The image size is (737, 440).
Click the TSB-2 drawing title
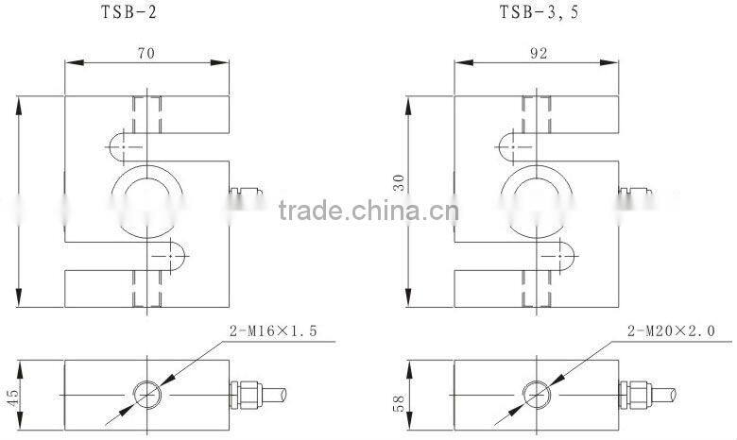[129, 11]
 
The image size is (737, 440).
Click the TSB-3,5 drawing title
[539, 11]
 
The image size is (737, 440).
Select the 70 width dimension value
[146, 53]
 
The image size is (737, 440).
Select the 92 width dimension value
[539, 53]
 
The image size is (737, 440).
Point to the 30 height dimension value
[399, 182]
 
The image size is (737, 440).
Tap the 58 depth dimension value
[399, 403]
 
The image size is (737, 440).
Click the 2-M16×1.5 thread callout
[273, 331]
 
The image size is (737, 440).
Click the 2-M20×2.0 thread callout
[671, 331]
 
